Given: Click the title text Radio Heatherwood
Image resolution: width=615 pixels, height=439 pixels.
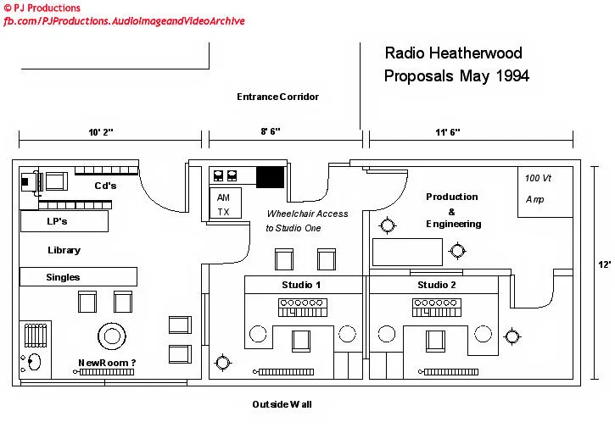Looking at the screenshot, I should (x=453, y=53).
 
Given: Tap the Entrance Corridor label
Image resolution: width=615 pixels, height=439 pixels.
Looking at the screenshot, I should (x=277, y=97).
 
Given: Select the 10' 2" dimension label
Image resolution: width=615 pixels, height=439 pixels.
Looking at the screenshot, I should (x=100, y=132).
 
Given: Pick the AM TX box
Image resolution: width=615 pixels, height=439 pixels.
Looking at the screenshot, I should (x=225, y=204).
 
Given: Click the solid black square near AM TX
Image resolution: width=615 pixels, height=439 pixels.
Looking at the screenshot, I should (x=271, y=176).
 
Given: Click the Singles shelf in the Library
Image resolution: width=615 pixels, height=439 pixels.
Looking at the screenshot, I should (x=78, y=276).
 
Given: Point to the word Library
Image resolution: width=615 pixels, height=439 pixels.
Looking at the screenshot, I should (x=64, y=250).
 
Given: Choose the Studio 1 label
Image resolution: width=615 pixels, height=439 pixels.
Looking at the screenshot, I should (x=301, y=285).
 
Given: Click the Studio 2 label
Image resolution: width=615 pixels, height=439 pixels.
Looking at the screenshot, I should (x=436, y=285).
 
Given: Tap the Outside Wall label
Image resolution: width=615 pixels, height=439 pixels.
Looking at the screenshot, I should (x=282, y=404).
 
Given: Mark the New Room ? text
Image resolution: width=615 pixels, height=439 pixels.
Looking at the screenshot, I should (x=107, y=363).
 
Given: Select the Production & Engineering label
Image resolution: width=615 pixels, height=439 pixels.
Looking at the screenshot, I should (x=452, y=210).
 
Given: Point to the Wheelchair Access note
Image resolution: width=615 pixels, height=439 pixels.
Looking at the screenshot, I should (x=307, y=220).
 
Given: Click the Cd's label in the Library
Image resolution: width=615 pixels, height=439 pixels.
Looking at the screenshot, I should (x=105, y=186).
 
